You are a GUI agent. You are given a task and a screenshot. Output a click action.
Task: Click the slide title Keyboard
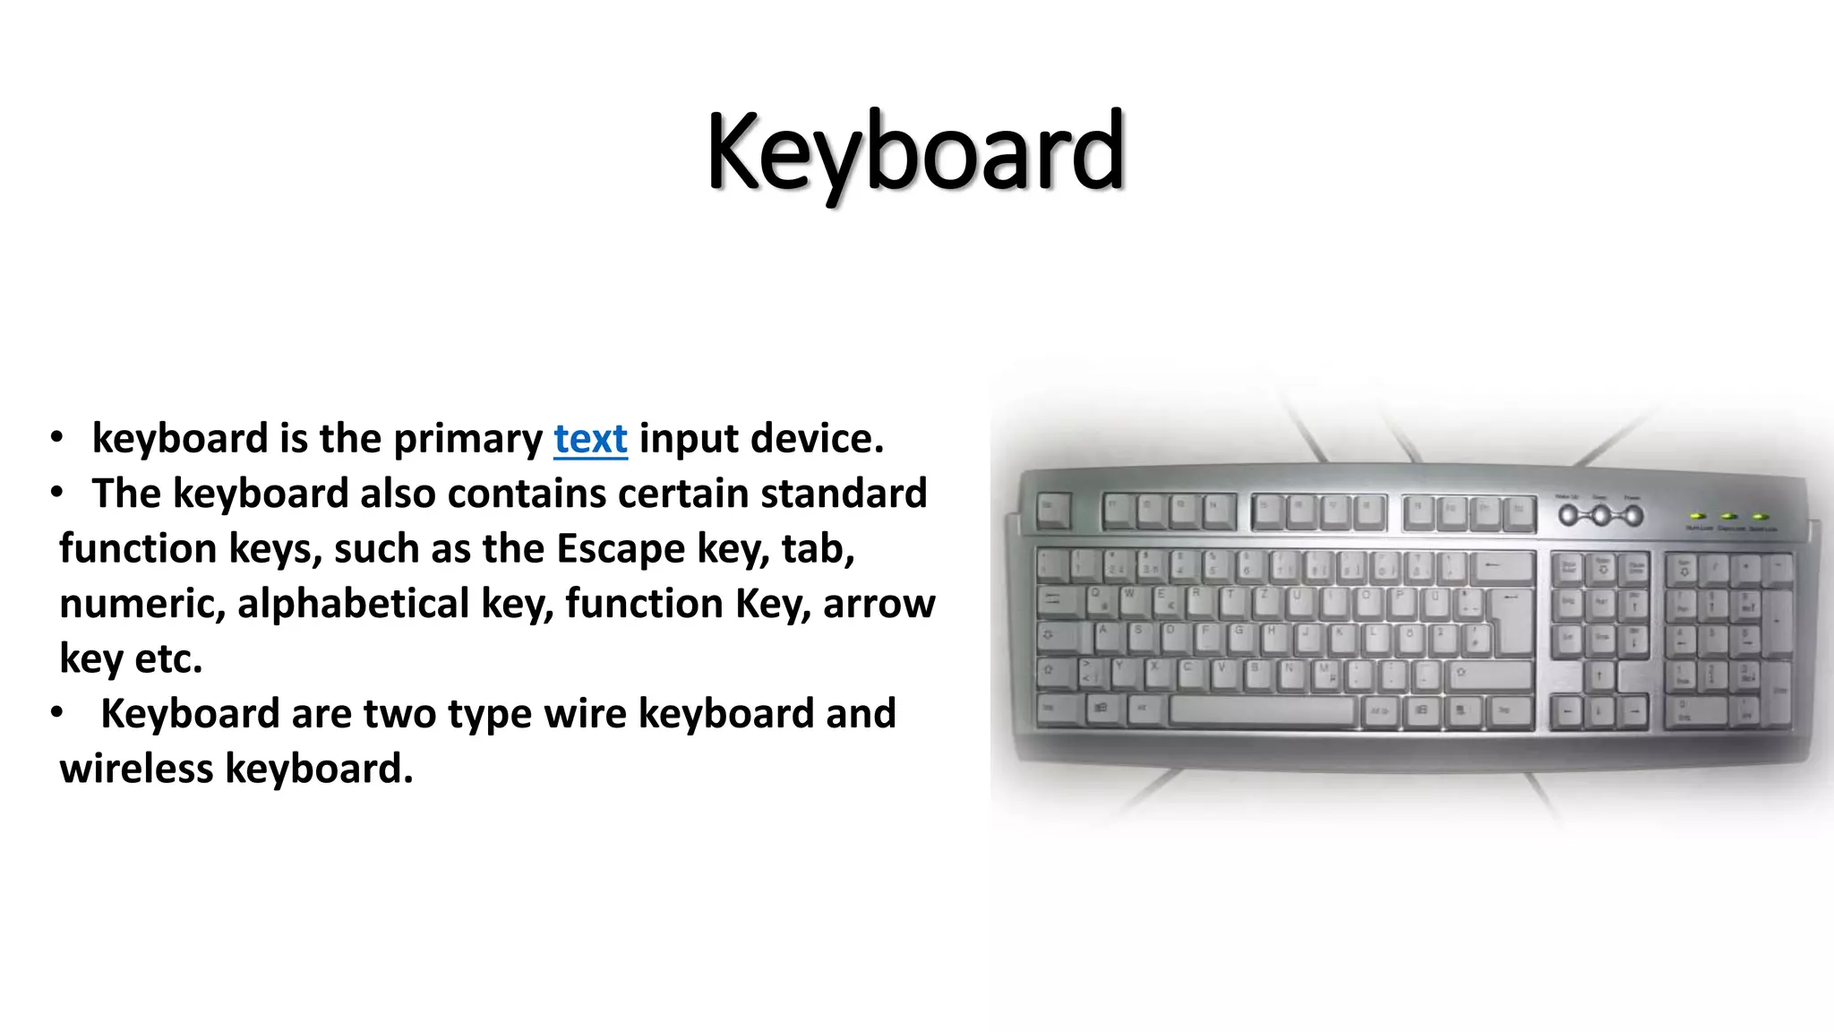point(915,152)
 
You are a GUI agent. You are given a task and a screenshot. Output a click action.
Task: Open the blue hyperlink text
point(590,439)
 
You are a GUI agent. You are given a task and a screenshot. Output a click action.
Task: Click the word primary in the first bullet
point(467,439)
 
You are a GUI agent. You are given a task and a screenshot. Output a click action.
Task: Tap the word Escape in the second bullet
point(621,548)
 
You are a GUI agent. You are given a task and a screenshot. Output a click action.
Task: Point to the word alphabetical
point(353,604)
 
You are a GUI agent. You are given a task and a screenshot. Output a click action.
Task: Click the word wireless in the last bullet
point(136,769)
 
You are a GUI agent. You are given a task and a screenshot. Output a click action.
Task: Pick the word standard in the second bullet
point(844,494)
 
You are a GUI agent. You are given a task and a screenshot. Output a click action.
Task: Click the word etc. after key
point(168,659)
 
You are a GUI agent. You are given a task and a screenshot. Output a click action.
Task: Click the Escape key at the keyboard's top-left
point(1053,511)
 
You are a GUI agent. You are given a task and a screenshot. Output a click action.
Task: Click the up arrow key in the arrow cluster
point(1600,675)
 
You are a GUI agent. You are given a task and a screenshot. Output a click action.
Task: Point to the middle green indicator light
point(1729,517)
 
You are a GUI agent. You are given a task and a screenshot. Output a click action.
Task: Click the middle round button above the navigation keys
point(1600,515)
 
